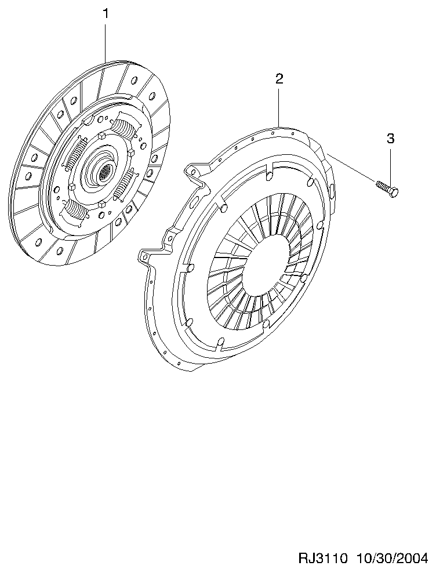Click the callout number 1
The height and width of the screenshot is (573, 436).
(106, 14)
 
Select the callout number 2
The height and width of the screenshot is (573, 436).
(279, 78)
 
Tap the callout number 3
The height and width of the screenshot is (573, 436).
(390, 139)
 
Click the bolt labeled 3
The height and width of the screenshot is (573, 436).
(387, 188)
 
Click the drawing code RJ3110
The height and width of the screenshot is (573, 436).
(322, 558)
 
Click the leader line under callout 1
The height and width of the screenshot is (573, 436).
(106, 41)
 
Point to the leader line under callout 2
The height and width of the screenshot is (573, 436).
(279, 106)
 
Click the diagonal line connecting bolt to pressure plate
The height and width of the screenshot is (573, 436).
(351, 168)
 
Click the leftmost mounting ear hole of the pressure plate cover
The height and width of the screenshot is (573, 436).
(146, 257)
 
